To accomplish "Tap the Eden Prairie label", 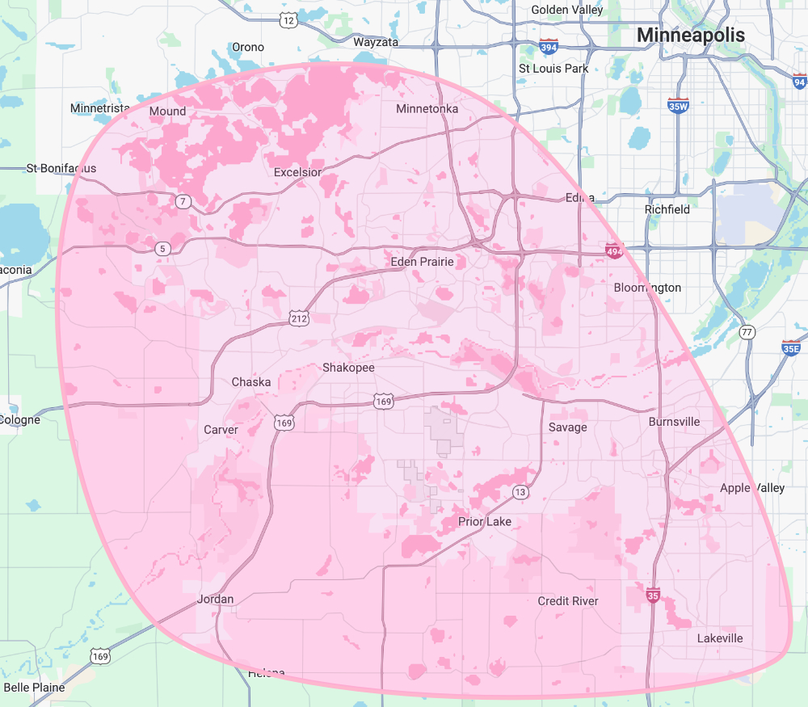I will (x=422, y=262).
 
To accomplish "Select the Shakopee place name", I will (x=348, y=367).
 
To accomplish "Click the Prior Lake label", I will (x=485, y=521).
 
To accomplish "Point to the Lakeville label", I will (x=720, y=638).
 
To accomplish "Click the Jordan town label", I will (x=216, y=599).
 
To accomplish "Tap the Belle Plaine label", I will (x=34, y=688).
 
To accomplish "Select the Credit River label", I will (x=568, y=601).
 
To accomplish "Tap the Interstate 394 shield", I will (x=549, y=48).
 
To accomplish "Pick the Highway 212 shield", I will (x=299, y=319).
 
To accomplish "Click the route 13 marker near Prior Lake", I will (x=520, y=492).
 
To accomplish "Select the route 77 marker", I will (x=747, y=332).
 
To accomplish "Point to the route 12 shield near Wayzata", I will (x=289, y=19).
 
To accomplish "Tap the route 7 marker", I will (x=183, y=200).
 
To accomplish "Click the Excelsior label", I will (x=297, y=172).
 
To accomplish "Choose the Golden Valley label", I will (x=567, y=10).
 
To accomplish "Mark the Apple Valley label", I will (x=747, y=488).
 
